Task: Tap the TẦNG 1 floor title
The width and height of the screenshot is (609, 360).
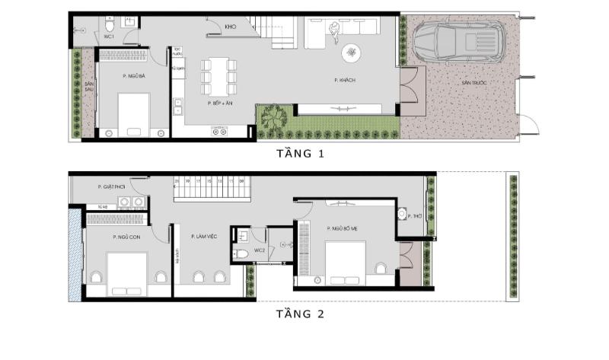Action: coord(301,154)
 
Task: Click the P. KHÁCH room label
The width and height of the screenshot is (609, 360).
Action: coord(345,80)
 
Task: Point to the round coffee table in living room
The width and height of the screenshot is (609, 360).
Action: coord(352,52)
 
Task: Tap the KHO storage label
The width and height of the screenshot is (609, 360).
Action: coord(230,26)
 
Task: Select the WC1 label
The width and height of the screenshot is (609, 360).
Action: coord(109,37)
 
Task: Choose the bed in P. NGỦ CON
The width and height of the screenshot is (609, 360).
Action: coord(126,273)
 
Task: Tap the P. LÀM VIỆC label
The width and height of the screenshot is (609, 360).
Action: coord(204,237)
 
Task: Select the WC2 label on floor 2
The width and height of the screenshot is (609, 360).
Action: coord(259,250)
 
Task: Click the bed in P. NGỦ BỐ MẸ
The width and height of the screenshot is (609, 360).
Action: coord(346,263)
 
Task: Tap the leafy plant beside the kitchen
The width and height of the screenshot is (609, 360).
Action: coord(271,119)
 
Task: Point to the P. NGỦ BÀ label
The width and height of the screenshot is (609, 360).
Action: coord(133,76)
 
